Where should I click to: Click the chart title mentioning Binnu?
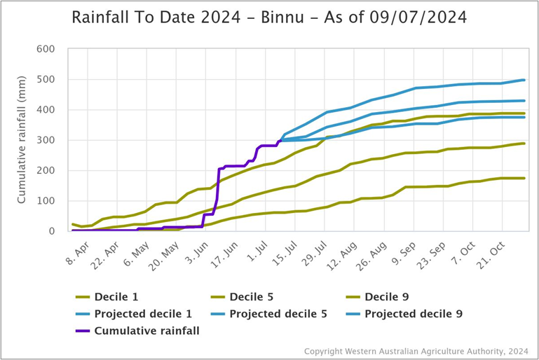click(x=269, y=18)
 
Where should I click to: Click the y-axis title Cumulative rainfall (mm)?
click(x=22, y=140)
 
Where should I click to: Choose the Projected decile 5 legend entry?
click(x=278, y=314)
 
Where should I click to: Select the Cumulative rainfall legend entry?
click(x=146, y=331)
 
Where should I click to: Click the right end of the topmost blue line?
click(x=524, y=80)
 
